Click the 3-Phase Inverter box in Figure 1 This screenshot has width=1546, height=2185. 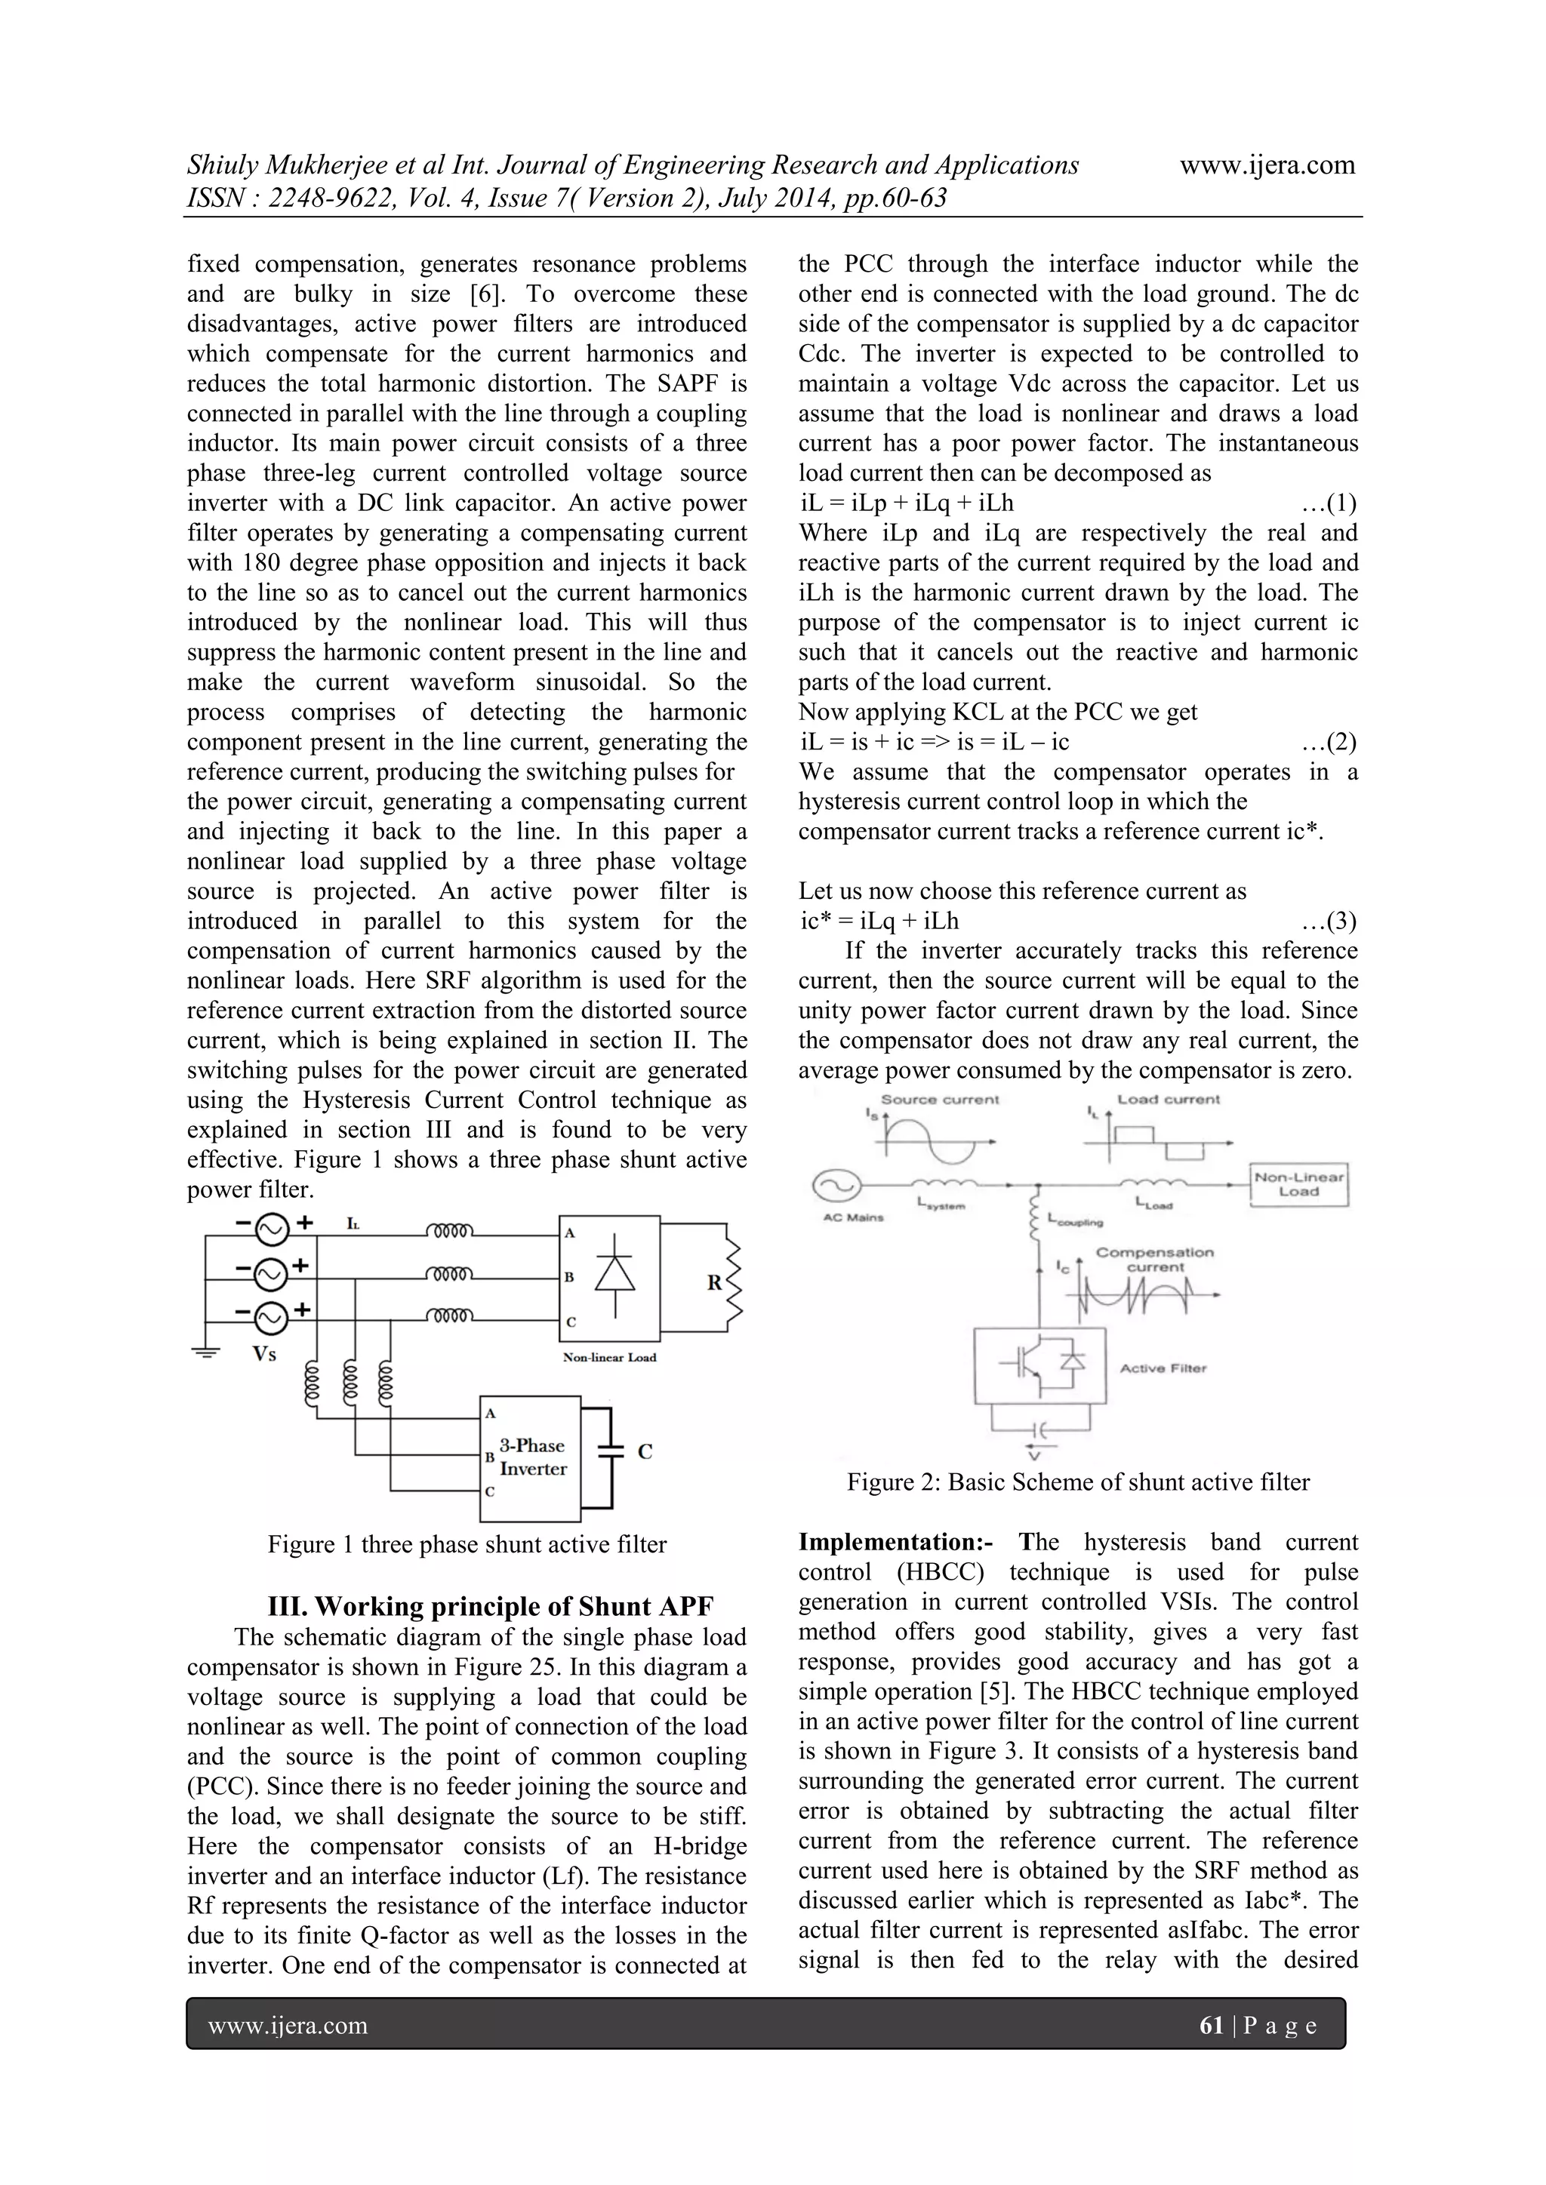[x=529, y=1457]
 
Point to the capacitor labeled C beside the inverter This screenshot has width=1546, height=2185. [x=609, y=1452]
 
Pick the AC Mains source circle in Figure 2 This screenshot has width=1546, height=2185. [x=836, y=1186]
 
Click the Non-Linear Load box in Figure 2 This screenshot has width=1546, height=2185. [x=1298, y=1185]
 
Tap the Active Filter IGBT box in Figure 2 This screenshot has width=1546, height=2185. [x=1039, y=1365]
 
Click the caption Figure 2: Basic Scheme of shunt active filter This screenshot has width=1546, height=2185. [x=1078, y=1482]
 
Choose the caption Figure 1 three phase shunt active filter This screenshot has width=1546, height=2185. [x=467, y=1543]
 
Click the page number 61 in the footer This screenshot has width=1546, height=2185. [x=1211, y=2025]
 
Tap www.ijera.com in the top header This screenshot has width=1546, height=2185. [x=1267, y=165]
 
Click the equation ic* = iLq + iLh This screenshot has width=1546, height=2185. [x=879, y=922]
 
